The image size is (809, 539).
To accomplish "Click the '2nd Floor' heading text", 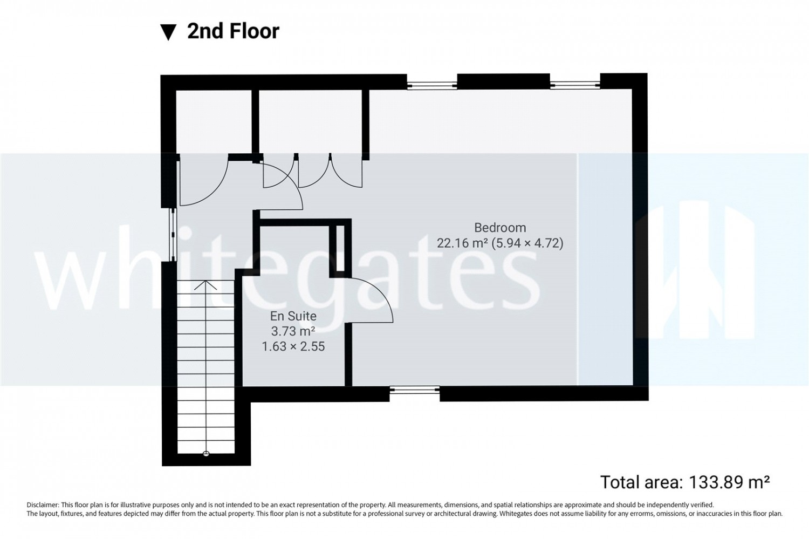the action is click(234, 31).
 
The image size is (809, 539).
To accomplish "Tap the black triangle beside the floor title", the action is click(168, 32).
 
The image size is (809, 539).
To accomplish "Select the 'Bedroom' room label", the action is click(500, 228).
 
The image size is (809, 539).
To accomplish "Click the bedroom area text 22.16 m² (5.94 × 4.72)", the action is click(500, 243).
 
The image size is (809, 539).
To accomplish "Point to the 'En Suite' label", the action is click(293, 316).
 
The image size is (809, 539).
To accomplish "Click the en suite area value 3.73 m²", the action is click(293, 331).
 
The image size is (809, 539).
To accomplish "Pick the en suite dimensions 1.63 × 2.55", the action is click(293, 346).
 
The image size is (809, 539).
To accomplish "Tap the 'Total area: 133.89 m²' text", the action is click(685, 482).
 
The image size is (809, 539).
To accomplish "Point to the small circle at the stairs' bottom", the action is click(206, 454).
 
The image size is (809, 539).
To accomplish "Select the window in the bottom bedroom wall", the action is click(415, 390).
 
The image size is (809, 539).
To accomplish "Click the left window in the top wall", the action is click(432, 85).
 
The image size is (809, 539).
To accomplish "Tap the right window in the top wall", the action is click(575, 85).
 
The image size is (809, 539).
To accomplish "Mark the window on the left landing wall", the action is click(173, 235).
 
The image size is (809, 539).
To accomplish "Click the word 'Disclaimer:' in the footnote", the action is click(43, 504).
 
